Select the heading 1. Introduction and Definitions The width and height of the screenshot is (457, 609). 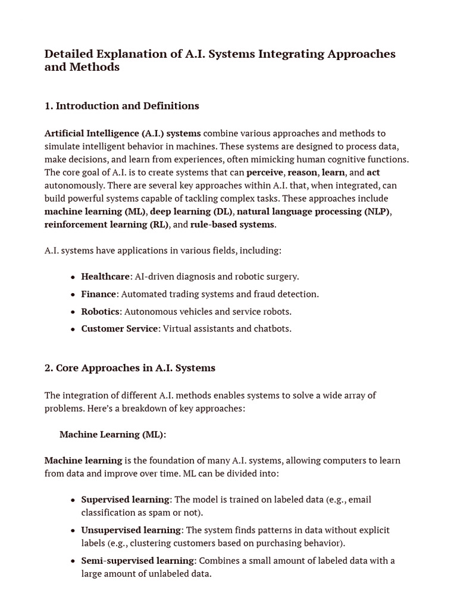click(121, 106)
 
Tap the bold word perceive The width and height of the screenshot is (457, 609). click(265, 172)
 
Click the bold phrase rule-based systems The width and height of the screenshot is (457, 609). click(232, 224)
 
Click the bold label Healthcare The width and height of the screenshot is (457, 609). click(105, 277)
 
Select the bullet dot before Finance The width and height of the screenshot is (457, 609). click(73, 294)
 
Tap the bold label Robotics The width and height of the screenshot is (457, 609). click(100, 312)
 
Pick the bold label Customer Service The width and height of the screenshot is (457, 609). click(120, 329)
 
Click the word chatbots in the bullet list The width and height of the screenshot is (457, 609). click(272, 329)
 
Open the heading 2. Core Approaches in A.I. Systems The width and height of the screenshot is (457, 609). click(130, 368)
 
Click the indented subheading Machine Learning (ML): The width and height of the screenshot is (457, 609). click(112, 435)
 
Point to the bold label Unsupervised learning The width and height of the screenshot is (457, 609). click(131, 530)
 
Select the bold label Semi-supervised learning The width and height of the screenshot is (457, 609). click(137, 561)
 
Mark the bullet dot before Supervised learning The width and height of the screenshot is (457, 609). click(73, 500)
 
